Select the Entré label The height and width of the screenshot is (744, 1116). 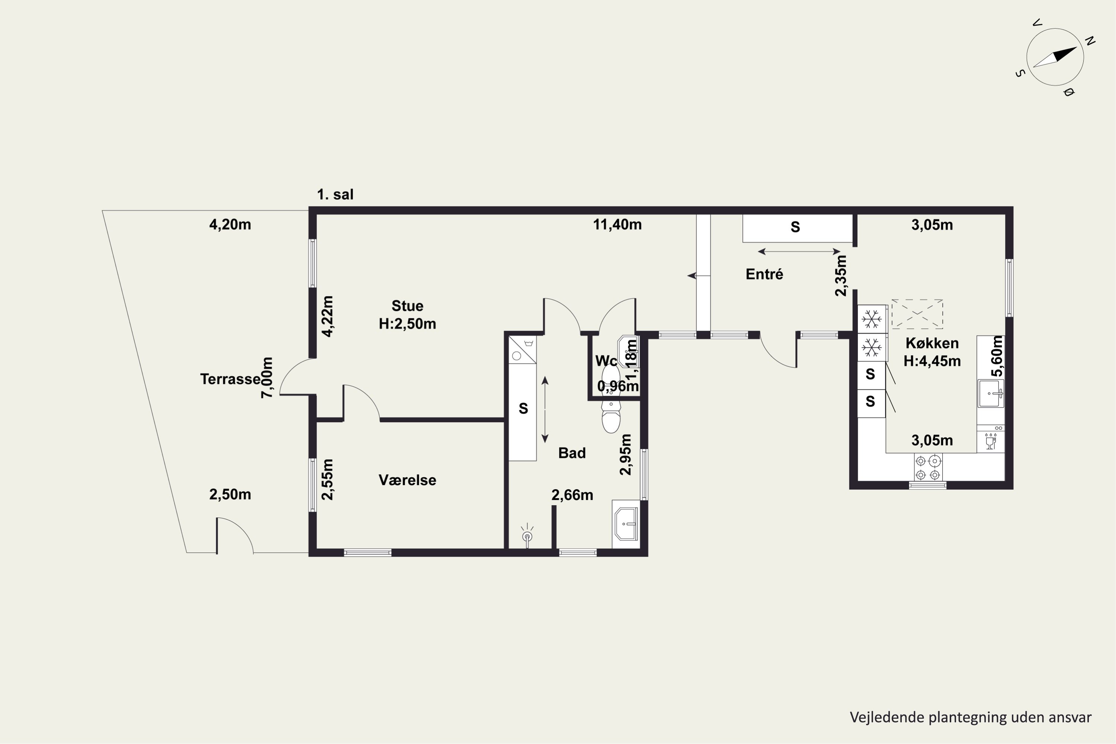click(764, 274)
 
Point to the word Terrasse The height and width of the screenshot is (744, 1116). click(230, 379)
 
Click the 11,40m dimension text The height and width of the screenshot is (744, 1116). click(617, 224)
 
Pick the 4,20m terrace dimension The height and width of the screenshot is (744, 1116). click(230, 224)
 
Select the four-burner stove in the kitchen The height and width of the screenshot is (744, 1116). click(928, 467)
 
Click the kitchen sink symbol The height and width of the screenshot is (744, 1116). click(991, 393)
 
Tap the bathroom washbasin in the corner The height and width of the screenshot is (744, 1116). click(626, 524)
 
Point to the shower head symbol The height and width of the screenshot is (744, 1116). click(527, 536)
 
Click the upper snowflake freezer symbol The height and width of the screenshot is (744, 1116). click(872, 319)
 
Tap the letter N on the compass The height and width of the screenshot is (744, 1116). click(1090, 41)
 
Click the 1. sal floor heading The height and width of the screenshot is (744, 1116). click(336, 195)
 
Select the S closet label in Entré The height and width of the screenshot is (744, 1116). click(795, 228)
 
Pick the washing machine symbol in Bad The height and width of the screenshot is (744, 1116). click(522, 350)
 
